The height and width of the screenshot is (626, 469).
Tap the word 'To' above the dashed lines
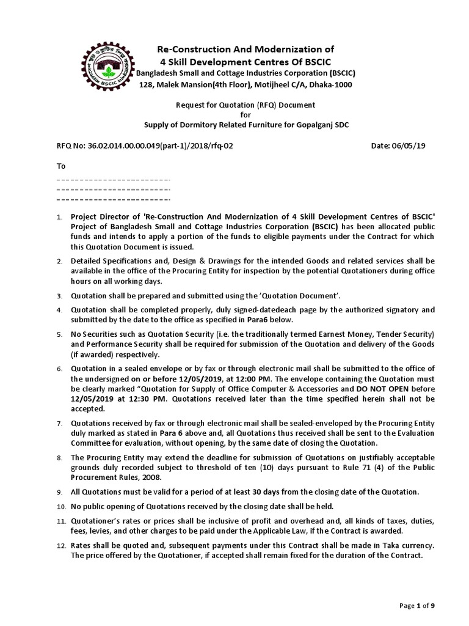60,166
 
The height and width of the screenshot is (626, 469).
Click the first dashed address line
113,180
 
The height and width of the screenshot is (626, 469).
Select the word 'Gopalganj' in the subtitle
312,126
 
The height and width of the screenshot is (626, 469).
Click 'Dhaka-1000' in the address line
330,85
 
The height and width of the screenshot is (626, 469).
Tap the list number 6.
59,369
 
